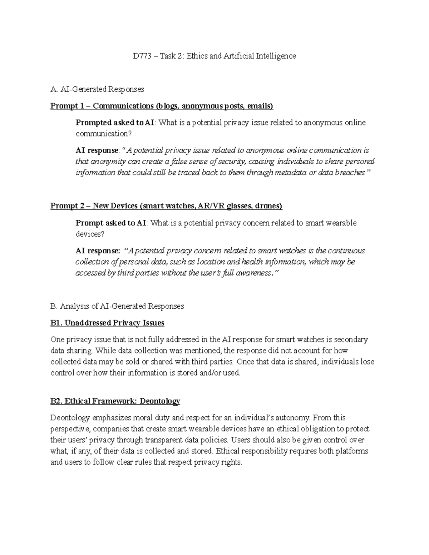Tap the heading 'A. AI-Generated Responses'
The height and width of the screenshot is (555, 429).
click(x=97, y=89)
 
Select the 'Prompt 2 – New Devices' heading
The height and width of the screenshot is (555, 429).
click(x=94, y=206)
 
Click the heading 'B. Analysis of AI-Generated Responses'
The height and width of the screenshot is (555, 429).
click(x=117, y=306)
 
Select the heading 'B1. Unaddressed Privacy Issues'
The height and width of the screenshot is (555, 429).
click(x=107, y=323)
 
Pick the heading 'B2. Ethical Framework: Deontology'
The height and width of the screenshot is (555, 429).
click(x=115, y=401)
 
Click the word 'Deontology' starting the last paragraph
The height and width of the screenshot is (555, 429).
click(x=70, y=418)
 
